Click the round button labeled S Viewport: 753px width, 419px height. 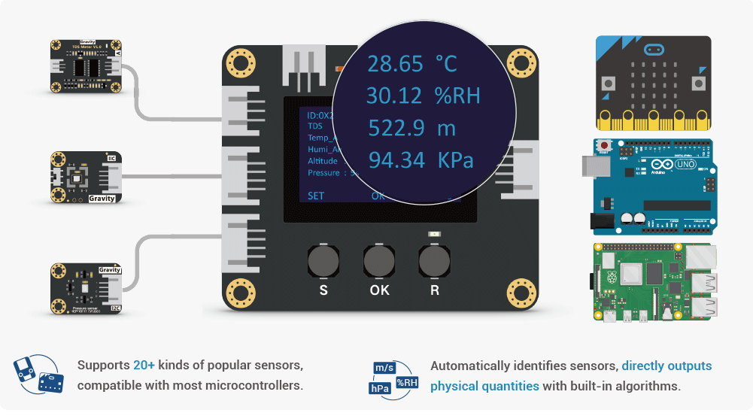tap(323, 262)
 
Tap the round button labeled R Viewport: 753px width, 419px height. tap(434, 262)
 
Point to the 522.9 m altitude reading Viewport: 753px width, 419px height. tap(411, 128)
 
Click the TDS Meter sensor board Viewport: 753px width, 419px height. tap(85, 67)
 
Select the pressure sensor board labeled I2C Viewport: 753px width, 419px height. tap(85, 288)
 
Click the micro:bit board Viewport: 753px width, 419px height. tap(653, 83)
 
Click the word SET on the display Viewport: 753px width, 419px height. tap(317, 196)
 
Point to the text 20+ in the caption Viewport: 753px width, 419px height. tap(144, 366)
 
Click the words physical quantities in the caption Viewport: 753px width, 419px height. tap(484, 386)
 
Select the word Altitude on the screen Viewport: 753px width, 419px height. tap(323, 161)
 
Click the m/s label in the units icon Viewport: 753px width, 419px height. tap(384, 368)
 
